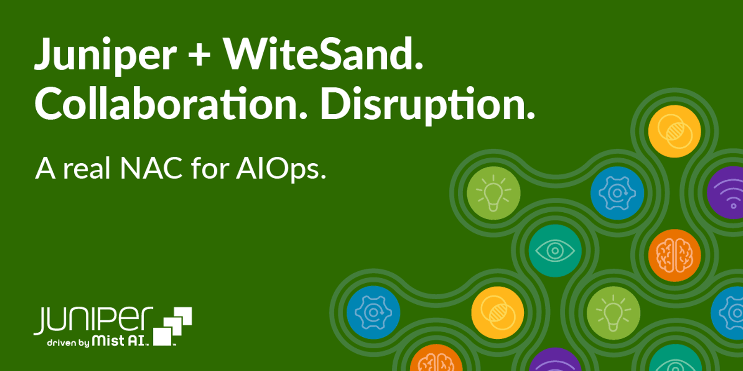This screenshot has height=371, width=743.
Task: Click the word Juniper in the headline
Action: point(105,56)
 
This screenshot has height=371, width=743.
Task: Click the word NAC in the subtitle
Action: point(151,169)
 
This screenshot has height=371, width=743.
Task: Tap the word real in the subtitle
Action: point(87,169)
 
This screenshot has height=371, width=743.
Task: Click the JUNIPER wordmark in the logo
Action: point(93,320)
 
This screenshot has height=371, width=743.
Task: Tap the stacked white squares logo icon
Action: point(173,326)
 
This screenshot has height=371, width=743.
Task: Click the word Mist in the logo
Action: point(108,341)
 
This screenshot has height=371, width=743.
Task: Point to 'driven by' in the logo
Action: point(68,343)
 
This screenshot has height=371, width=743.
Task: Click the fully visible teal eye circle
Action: point(555,251)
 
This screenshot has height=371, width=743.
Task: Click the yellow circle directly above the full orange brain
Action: point(674,131)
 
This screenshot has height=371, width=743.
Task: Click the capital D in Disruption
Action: point(335,104)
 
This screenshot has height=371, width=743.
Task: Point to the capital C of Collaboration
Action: point(49,104)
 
